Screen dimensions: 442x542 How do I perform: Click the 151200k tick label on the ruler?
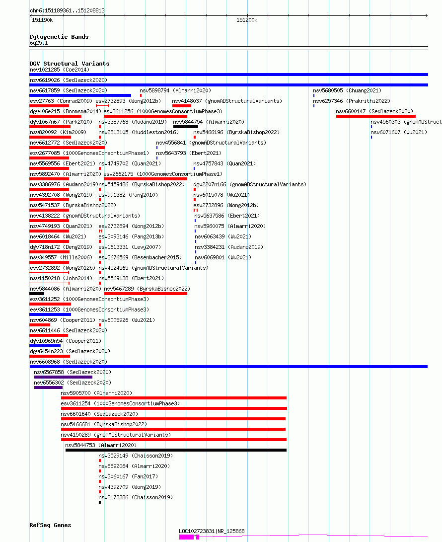(247, 20)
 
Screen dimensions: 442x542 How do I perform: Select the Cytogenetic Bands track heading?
(59, 37)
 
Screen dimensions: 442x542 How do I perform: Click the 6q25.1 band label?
(39, 43)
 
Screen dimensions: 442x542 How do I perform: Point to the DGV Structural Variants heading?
(70, 64)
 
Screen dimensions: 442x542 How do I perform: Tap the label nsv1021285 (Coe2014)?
(60, 70)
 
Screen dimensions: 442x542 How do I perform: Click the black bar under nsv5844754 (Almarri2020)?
(186, 127)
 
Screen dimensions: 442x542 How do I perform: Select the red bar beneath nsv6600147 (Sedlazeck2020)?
(375, 116)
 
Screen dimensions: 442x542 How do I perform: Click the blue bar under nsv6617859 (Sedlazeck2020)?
(80, 95)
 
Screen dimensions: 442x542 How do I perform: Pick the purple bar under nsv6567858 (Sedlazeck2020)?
(59, 377)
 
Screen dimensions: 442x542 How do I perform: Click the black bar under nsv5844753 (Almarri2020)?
(176, 450)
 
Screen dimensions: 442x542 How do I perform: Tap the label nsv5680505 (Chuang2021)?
(347, 90)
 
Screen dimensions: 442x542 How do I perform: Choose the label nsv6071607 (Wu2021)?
(399, 132)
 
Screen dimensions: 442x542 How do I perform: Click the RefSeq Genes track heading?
(51, 525)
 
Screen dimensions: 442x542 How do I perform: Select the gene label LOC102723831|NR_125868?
(212, 531)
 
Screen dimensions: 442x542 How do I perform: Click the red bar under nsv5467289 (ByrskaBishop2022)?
(146, 294)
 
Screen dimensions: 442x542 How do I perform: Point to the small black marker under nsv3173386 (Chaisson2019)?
(100, 502)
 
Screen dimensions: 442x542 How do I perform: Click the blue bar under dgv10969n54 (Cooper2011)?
(45, 346)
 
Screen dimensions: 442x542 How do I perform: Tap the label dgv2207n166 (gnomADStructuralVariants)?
(250, 185)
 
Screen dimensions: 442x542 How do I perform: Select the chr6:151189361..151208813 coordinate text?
(67, 11)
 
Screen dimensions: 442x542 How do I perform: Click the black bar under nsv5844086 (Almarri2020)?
(37, 294)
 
